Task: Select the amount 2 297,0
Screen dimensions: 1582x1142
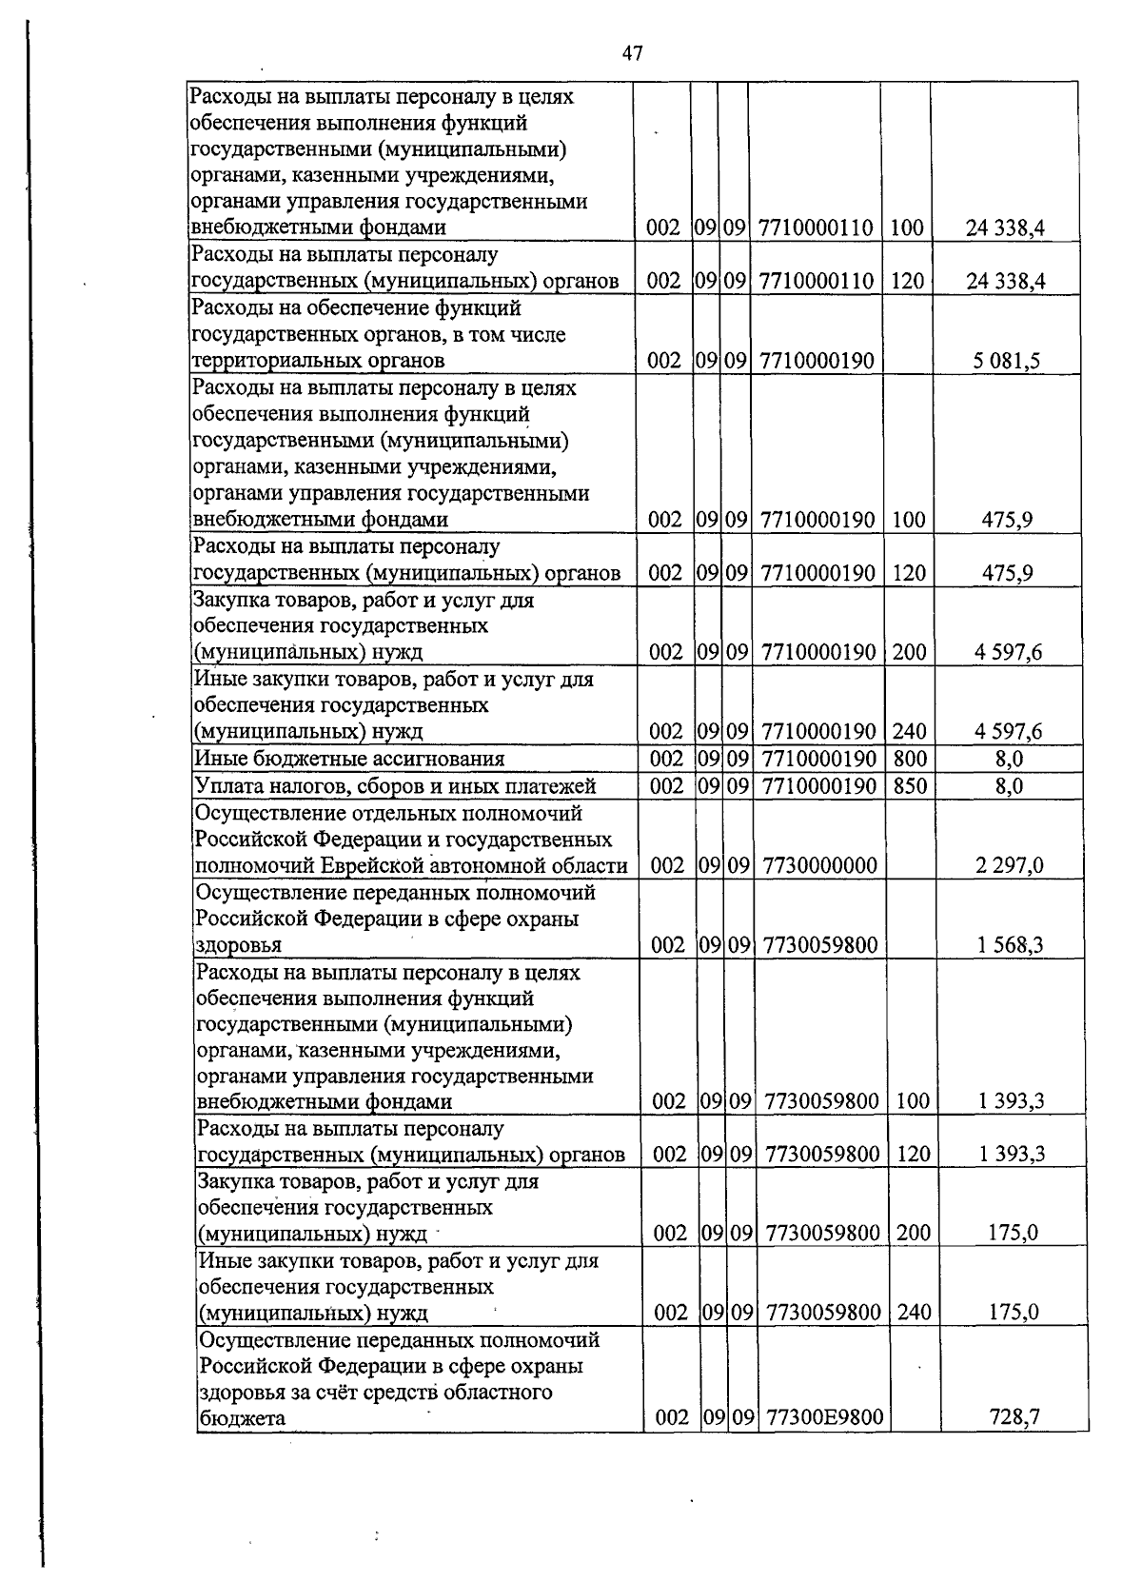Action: (x=1010, y=865)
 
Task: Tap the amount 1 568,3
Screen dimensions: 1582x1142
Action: (x=1010, y=945)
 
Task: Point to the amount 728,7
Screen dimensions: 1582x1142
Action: (x=1014, y=1417)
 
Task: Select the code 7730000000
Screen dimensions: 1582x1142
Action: (x=820, y=865)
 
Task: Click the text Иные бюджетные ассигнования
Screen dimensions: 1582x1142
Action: (x=349, y=759)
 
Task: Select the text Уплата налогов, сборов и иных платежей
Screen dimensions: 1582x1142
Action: (x=395, y=786)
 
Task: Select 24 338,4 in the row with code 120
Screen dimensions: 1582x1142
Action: (x=1006, y=281)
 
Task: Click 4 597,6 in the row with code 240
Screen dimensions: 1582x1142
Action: (x=1009, y=731)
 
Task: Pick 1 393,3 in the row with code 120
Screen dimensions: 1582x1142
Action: (x=1012, y=1155)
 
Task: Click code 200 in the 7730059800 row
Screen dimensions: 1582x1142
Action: (x=913, y=1234)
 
